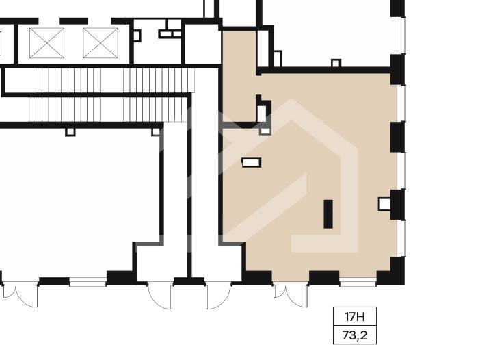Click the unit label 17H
pos(355,316)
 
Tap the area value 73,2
pos(355,335)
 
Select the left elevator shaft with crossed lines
pos(47,43)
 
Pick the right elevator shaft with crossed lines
pos(101,43)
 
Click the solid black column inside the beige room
pos(328,214)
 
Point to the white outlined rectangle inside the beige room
pos(251,162)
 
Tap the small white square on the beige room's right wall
pos(384,204)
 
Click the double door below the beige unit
pos(290,295)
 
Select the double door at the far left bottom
pos(20,295)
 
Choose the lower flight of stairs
pos(109,110)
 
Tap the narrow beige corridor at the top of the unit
pos(239,76)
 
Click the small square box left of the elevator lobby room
pos(137,36)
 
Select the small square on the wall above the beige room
pos(336,63)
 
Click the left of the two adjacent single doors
pos(160,296)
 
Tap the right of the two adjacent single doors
pos(219,296)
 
